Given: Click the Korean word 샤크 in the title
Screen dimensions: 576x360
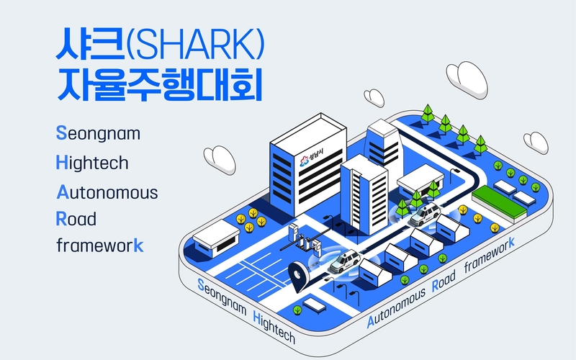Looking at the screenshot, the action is pyautogui.click(x=90, y=43).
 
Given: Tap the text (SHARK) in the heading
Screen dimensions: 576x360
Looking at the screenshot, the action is pyautogui.click(x=195, y=44).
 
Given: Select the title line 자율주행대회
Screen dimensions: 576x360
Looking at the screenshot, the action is pyautogui.click(x=159, y=84).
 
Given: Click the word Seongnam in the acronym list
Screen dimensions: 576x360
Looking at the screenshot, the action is pyautogui.click(x=98, y=134).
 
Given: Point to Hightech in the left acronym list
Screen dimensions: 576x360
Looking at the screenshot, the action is pyautogui.click(x=92, y=163).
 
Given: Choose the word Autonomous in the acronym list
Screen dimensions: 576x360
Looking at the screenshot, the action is pyautogui.click(x=107, y=192).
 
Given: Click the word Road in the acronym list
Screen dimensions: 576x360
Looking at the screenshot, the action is pyautogui.click(x=76, y=219).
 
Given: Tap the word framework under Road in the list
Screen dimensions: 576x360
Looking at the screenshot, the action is pyautogui.click(x=100, y=245).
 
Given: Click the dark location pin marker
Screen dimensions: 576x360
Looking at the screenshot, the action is pyautogui.click(x=298, y=276).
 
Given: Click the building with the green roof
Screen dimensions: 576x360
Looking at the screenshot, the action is pyautogui.click(x=499, y=203).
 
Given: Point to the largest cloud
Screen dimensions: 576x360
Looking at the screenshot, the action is pyautogui.click(x=467, y=79).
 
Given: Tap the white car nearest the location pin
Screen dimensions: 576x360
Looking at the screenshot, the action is pyautogui.click(x=345, y=261).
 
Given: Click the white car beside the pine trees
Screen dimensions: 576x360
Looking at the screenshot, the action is pyautogui.click(x=425, y=215).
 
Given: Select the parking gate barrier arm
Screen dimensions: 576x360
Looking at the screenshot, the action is pyautogui.click(x=305, y=240).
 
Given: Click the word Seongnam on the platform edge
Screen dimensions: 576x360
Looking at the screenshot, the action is pyautogui.click(x=222, y=297).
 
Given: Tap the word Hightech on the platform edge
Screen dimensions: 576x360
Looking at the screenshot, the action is pyautogui.click(x=274, y=327).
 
